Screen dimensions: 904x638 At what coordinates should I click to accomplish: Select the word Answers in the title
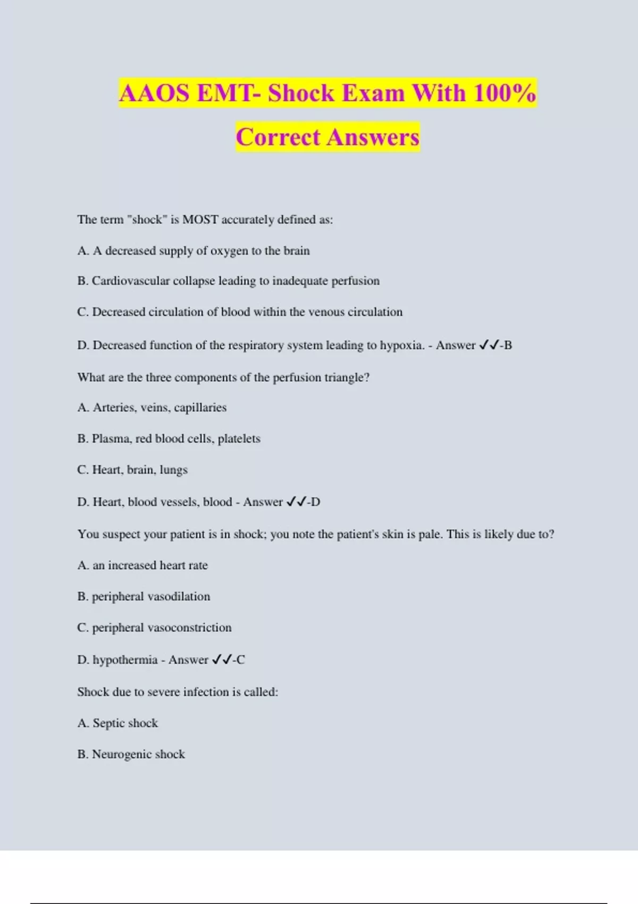(x=373, y=137)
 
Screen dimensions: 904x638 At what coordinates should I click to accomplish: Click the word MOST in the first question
(x=200, y=220)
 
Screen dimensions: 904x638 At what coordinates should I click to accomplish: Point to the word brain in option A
(x=296, y=250)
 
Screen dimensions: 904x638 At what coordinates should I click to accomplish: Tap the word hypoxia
(x=401, y=345)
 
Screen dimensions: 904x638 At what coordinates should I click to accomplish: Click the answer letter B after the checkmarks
(x=508, y=345)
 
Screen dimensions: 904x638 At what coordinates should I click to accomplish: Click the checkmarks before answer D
(x=296, y=502)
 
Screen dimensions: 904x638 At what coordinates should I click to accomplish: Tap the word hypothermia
(x=125, y=660)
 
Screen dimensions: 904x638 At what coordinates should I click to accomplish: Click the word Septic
(x=108, y=723)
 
